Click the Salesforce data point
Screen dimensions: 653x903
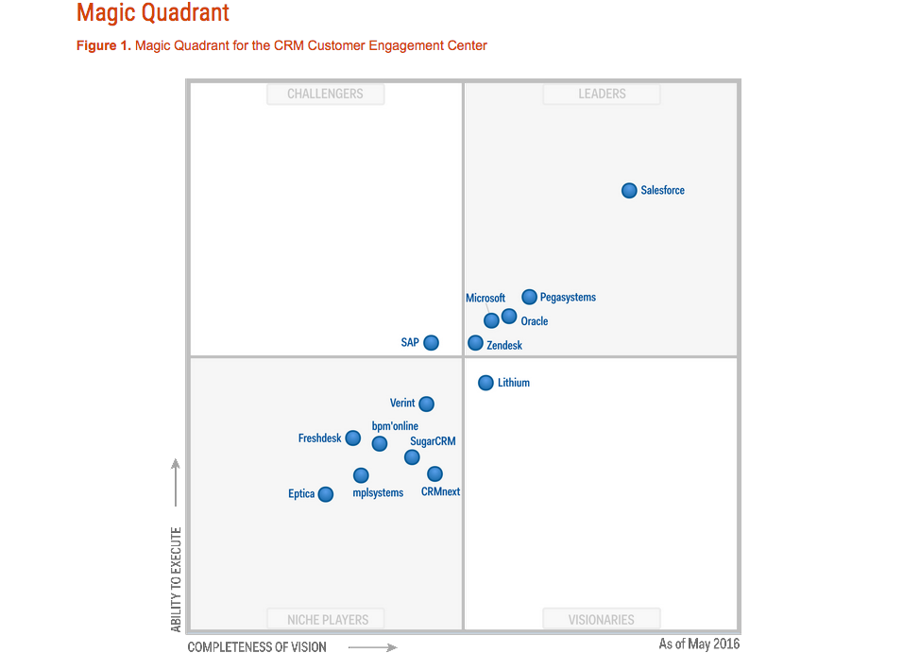click(629, 191)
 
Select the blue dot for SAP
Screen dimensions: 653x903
click(431, 343)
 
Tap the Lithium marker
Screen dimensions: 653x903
click(486, 383)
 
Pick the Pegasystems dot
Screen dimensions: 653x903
click(529, 297)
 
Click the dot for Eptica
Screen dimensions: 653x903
click(325, 494)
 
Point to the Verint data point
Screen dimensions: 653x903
click(426, 404)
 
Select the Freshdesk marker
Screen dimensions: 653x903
click(352, 438)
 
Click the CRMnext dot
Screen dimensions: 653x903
click(434, 473)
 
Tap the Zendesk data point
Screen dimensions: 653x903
click(475, 343)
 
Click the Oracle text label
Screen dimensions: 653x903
click(535, 321)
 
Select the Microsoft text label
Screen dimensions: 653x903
click(486, 299)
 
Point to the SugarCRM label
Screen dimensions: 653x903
click(433, 441)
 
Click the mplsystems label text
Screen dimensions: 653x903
click(378, 492)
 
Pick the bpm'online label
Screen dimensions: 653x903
click(395, 426)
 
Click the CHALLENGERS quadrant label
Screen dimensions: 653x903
click(325, 95)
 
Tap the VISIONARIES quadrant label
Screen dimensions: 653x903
click(602, 620)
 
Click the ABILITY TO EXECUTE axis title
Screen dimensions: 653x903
click(176, 579)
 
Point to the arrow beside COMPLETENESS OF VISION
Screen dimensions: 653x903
click(372, 647)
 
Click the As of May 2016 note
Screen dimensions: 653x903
click(699, 644)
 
